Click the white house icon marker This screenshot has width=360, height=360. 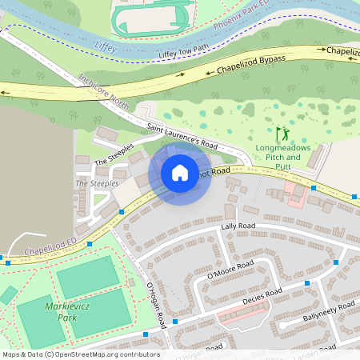pyautogui.click(x=180, y=172)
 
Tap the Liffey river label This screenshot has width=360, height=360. pyautogui.click(x=105, y=46)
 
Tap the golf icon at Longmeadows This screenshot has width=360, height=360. pyautogui.click(x=281, y=134)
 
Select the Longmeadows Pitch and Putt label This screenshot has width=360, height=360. pyautogui.click(x=278, y=153)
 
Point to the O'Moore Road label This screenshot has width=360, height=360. pyautogui.click(x=230, y=268)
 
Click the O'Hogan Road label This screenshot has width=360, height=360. pyautogui.click(x=155, y=305)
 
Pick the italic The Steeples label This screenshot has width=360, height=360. pyautogui.click(x=97, y=183)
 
